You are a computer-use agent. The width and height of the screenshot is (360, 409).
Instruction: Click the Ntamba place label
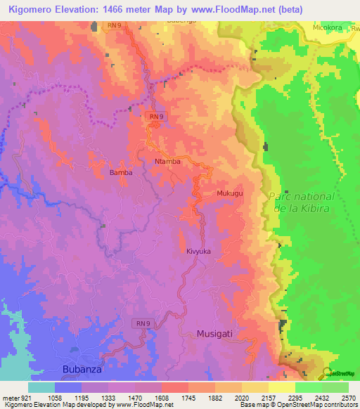[167, 162]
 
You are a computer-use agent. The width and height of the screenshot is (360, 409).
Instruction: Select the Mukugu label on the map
[229, 193]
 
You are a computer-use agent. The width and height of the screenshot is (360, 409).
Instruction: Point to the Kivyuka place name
[199, 251]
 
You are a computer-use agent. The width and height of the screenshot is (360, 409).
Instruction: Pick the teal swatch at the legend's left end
[41, 387]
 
